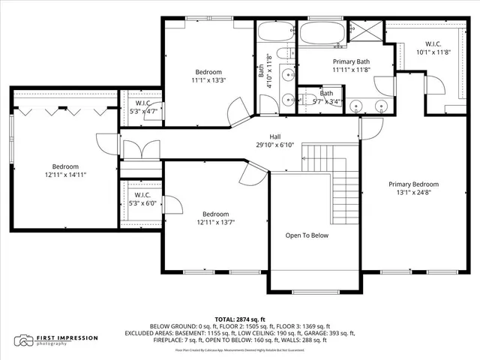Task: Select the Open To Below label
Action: click(307, 235)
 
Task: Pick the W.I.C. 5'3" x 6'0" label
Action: click(142, 198)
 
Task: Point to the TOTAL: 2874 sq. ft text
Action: click(238, 319)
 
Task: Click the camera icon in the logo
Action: click(25, 340)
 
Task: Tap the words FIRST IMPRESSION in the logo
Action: click(68, 337)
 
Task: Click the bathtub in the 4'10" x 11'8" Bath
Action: click(277, 33)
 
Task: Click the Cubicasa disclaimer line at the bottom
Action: click(239, 349)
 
